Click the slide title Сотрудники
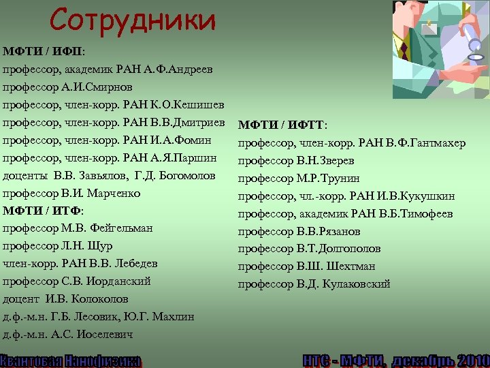click(132, 20)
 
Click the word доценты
click(24, 175)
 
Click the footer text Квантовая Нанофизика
click(71, 360)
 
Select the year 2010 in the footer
click(470, 360)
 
